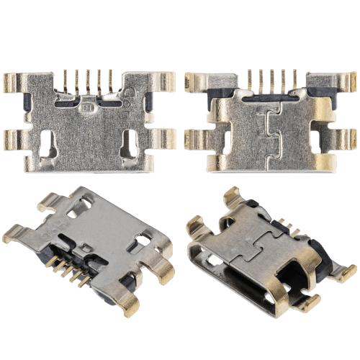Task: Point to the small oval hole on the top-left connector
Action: [x=89, y=109]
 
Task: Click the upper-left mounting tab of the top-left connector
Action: [x=14, y=81]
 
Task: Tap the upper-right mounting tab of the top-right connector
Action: [x=344, y=81]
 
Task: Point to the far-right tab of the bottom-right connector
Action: [x=348, y=272]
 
